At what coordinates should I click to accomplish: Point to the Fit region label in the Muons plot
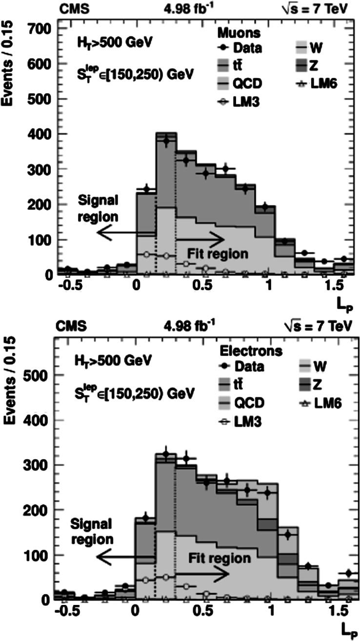click(x=218, y=253)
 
